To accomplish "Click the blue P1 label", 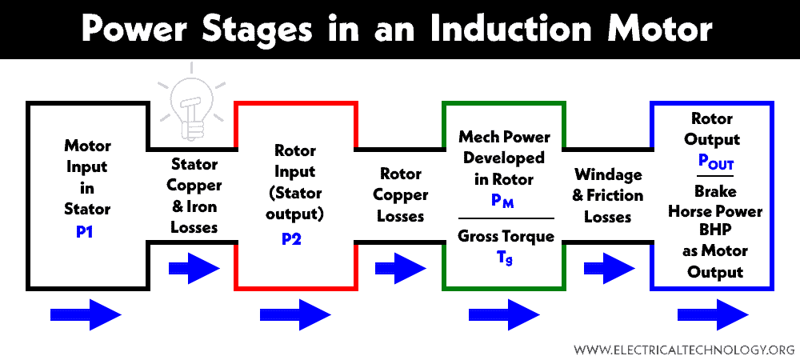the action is tap(86, 232).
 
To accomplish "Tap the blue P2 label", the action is tap(292, 238).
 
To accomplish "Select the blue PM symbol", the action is tap(502, 202).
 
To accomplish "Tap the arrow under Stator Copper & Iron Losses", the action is tap(194, 267).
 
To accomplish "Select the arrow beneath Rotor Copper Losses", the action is tap(401, 267).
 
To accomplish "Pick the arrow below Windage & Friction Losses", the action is tap(609, 267).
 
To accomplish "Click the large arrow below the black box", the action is tap(86, 315).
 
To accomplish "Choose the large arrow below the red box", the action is tap(296, 315).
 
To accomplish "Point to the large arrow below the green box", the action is tap(504, 315).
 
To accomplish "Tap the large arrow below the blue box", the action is tap(714, 315).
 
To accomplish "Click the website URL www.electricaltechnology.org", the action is tap(684, 350).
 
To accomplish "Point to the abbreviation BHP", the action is tap(714, 231).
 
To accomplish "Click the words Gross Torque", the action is tap(506, 236).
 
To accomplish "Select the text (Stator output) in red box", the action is tap(295, 203).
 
